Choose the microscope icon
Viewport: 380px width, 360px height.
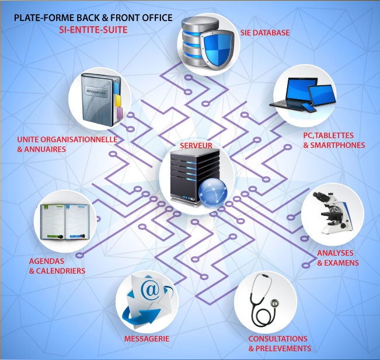tap(331, 214)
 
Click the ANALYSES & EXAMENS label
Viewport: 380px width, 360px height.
tap(337, 258)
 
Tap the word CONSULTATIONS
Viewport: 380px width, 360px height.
tap(278, 338)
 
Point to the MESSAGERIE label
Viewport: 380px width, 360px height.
tap(147, 338)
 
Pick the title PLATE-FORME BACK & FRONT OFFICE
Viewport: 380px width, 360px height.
tap(93, 18)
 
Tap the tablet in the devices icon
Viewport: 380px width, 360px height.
tap(322, 95)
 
